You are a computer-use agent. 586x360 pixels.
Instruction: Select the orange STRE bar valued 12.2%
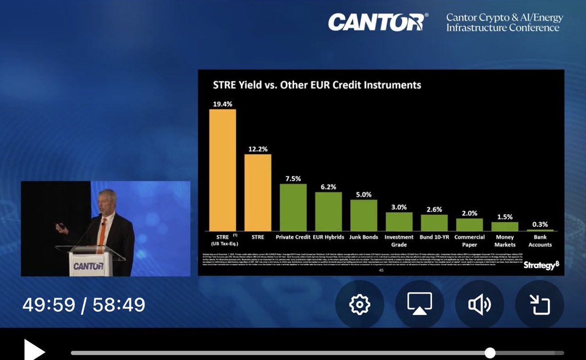pyautogui.click(x=258, y=192)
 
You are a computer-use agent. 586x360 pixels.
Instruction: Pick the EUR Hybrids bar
pyautogui.click(x=328, y=211)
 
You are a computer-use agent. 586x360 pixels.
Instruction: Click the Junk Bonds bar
pyautogui.click(x=364, y=215)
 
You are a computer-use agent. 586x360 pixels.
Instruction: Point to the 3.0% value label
pyautogui.click(x=399, y=207)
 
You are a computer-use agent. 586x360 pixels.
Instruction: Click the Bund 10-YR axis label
pyautogui.click(x=434, y=237)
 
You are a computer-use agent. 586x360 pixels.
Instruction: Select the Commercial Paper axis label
pyautogui.click(x=469, y=241)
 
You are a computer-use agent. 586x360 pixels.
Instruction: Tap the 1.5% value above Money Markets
pyautogui.click(x=504, y=217)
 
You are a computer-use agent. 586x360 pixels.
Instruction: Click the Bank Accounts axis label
pyautogui.click(x=540, y=241)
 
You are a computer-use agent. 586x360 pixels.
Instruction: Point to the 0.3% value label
pyautogui.click(x=540, y=225)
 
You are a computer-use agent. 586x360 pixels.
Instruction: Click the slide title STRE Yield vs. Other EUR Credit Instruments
pyautogui.click(x=317, y=85)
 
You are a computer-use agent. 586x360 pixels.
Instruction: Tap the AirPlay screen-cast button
pyautogui.click(x=420, y=304)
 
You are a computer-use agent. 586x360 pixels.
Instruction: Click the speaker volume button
pyautogui.click(x=480, y=304)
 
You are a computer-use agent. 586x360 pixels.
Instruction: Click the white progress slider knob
pyautogui.click(x=490, y=353)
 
